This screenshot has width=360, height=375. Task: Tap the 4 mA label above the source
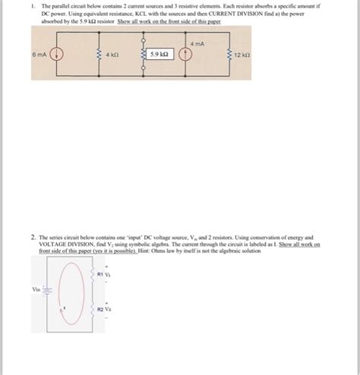click(x=197, y=44)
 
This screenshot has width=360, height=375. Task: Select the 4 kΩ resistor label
click(x=112, y=55)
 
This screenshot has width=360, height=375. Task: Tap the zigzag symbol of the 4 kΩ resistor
click(x=96, y=55)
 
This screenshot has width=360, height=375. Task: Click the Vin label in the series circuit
click(x=36, y=289)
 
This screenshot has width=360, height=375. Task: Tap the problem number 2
click(x=33, y=237)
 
